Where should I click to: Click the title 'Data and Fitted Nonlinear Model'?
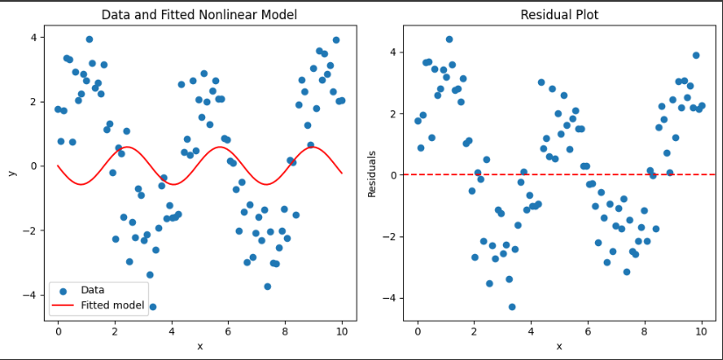(x=199, y=15)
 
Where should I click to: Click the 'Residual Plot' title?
(x=558, y=15)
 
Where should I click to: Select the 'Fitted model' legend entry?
(x=111, y=305)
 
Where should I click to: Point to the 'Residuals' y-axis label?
(x=372, y=173)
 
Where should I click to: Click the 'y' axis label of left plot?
(x=12, y=173)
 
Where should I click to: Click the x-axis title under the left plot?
(x=200, y=346)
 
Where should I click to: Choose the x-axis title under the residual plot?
(x=559, y=346)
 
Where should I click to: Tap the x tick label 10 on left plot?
(x=342, y=331)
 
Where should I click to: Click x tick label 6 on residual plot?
(x=588, y=331)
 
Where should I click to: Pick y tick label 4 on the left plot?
(x=33, y=38)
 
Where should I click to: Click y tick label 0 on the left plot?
(x=33, y=166)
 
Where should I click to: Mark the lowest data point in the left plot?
(x=152, y=307)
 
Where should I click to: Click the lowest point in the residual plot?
(x=512, y=307)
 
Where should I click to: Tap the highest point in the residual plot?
(x=450, y=39)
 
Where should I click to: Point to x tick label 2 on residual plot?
(x=474, y=331)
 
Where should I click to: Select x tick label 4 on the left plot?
(x=172, y=331)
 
